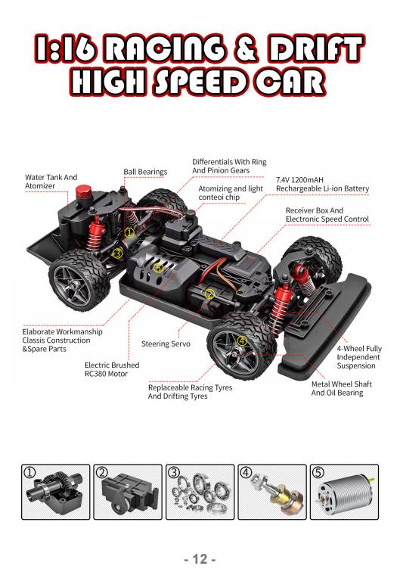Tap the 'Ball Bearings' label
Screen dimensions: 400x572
[145, 172]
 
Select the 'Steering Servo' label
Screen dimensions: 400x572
[166, 344]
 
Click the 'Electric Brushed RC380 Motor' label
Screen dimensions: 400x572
[112, 369]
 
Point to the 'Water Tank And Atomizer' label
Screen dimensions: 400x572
[51, 182]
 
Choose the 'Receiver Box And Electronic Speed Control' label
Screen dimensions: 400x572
[327, 215]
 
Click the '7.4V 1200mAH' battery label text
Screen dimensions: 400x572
[299, 179]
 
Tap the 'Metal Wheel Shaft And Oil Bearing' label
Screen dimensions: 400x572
[341, 388]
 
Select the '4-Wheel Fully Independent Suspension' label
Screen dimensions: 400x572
[359, 357]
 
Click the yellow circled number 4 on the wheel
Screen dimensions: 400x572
[242, 341]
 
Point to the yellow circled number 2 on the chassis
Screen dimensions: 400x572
[209, 294]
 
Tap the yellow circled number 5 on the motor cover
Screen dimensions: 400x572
[157, 268]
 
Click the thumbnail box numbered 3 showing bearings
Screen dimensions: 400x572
[200, 492]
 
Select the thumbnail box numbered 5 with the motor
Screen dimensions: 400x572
[344, 492]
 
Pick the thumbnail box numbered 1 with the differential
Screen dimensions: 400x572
[55, 492]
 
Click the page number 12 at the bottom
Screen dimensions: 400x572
[200, 559]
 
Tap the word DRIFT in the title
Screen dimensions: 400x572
[315, 48]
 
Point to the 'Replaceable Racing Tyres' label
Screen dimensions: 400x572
[190, 388]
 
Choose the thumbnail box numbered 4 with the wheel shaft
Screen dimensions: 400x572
[272, 492]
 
